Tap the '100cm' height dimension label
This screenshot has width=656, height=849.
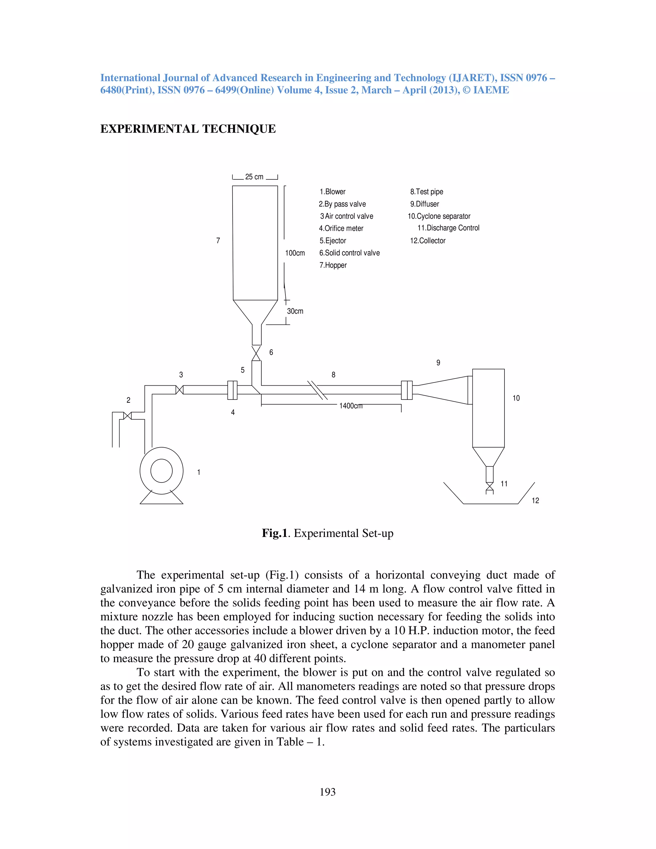(295, 253)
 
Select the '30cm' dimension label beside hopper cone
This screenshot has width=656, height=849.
(295, 311)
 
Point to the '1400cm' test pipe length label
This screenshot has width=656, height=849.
(350, 406)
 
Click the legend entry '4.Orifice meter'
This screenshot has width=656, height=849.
(341, 228)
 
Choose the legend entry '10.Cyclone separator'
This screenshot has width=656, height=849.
(439, 216)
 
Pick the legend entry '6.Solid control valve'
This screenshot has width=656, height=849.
(349, 253)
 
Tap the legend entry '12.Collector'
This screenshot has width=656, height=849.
(428, 241)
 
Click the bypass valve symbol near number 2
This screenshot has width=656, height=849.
(127, 416)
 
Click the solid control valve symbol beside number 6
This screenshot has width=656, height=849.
(256, 353)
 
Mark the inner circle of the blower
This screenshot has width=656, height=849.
(161, 471)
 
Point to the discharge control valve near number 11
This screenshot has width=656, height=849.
(490, 486)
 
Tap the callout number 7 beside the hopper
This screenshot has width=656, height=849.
(218, 241)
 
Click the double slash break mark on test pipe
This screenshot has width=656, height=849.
(317, 390)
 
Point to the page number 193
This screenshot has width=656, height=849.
(328, 792)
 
